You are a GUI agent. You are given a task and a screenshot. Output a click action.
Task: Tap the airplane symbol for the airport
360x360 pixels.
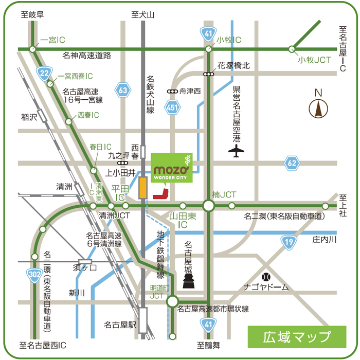pyautogui.click(x=236, y=151)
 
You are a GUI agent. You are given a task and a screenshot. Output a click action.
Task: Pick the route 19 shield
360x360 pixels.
pyautogui.click(x=288, y=242)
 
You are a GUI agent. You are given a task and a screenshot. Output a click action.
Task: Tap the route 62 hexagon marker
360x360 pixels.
pyautogui.click(x=292, y=164)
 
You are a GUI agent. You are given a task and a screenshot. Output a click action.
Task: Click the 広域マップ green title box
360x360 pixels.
pyautogui.click(x=297, y=337)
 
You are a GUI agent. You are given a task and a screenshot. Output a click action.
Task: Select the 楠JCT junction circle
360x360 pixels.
pyautogui.click(x=208, y=206)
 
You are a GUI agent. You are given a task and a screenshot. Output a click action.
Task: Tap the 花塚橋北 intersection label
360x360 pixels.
pyautogui.click(x=233, y=65)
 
